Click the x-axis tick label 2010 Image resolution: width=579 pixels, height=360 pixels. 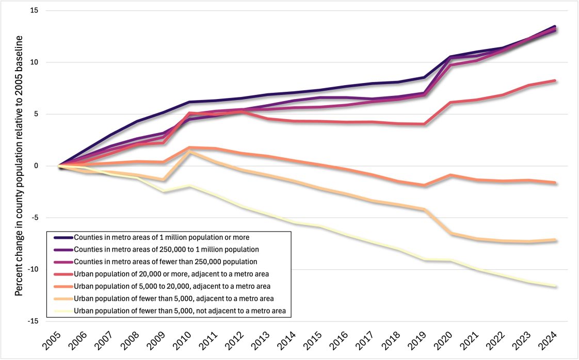pos(187,341)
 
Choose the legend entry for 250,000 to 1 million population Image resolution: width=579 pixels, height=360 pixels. pos(173,250)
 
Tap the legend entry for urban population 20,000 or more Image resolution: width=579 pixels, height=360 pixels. pos(175,274)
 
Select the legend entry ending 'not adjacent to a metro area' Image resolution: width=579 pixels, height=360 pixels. pos(183,310)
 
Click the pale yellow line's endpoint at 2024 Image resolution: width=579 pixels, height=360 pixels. pos(555,286)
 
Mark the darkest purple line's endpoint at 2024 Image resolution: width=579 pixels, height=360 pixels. pos(555,26)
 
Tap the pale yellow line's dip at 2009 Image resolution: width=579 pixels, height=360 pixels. pos(164,191)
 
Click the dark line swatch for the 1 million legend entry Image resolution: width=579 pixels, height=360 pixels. pos(63,237)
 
